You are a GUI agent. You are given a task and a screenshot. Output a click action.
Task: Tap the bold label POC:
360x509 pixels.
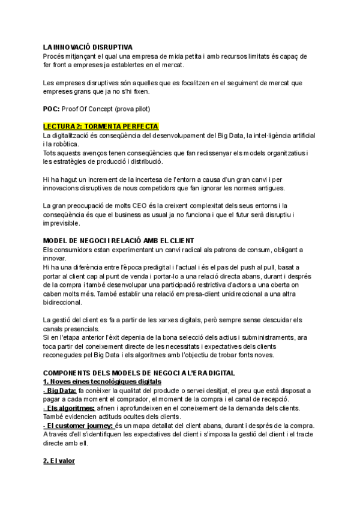[x=52, y=109]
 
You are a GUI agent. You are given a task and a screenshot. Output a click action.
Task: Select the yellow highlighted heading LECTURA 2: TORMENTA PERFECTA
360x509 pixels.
[x=100, y=127]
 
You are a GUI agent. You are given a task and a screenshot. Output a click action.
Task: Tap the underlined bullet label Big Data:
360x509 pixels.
[x=59, y=391]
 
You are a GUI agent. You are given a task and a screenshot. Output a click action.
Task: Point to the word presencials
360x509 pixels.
[x=82, y=329]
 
